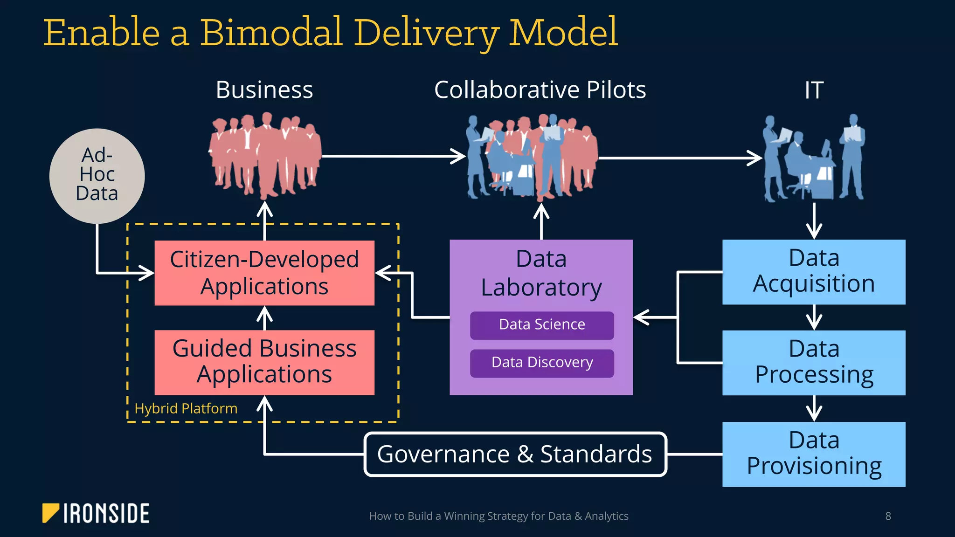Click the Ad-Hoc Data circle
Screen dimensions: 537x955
click(97, 176)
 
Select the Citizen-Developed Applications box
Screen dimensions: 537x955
click(264, 273)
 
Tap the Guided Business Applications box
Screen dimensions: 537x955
click(264, 362)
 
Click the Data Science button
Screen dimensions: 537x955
click(542, 325)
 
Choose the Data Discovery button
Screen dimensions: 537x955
click(542, 363)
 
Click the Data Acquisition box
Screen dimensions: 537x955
click(814, 272)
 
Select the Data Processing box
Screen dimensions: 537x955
click(814, 363)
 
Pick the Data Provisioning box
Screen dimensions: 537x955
click(814, 454)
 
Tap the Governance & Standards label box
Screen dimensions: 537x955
click(515, 454)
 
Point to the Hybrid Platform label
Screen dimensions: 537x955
click(186, 408)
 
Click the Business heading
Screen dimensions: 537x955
click(264, 90)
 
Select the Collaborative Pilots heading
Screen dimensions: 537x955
click(540, 90)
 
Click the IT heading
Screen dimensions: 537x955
click(814, 90)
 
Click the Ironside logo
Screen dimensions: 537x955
click(96, 513)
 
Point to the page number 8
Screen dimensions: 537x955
click(888, 516)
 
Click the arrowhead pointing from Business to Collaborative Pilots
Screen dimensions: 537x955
click(459, 156)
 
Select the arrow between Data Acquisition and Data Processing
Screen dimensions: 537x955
click(814, 318)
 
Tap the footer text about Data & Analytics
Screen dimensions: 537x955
click(498, 516)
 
